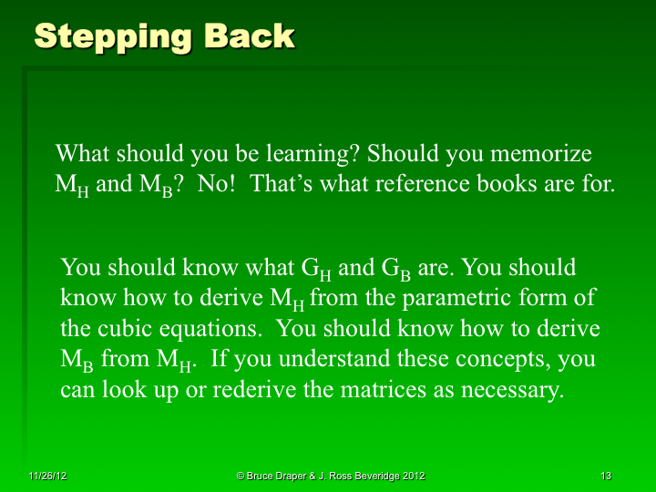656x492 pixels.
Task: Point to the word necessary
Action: point(511,389)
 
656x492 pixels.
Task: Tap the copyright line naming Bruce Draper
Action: point(330,477)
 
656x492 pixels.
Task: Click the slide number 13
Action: point(606,477)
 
